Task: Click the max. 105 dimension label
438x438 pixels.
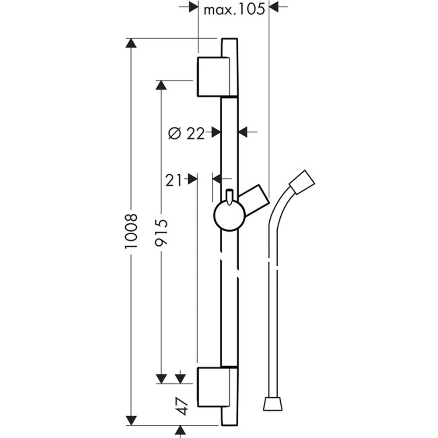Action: coord(234,10)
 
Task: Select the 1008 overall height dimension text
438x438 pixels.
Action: coord(131,231)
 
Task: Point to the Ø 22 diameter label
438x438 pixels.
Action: coord(187,133)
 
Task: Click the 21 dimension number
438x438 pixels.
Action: coord(173,180)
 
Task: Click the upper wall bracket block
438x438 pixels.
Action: coord(214,77)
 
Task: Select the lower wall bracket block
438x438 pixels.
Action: coord(214,387)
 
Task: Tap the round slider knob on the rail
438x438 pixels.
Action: coord(230,215)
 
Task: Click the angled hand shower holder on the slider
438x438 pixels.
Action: coord(254,199)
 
